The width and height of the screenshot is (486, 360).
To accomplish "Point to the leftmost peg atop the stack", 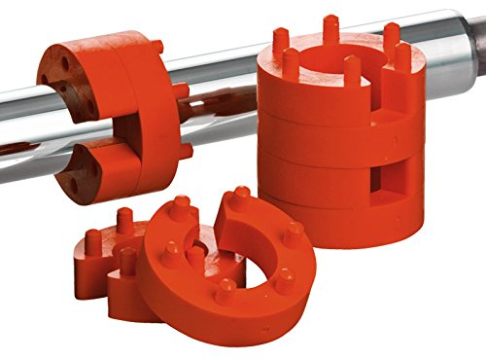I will click(x=281, y=41).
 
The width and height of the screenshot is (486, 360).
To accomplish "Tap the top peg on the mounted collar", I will click(x=156, y=46).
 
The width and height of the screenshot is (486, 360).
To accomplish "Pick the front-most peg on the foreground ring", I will click(x=226, y=291).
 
